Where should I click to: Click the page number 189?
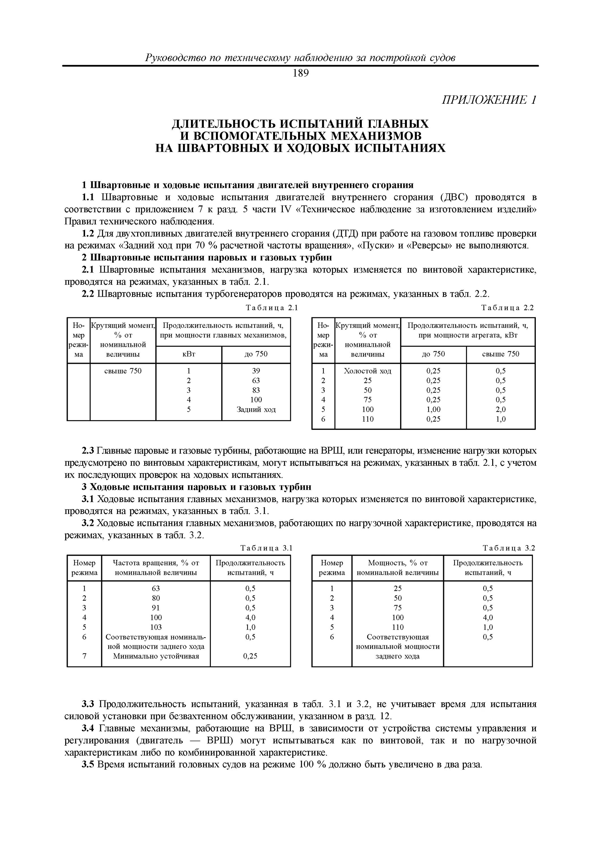pos(300,74)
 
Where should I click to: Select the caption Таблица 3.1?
pos(267,548)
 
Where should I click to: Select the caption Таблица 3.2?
pos(509,548)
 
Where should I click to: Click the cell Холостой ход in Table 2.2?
pos(367,371)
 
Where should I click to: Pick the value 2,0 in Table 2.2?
pos(501,409)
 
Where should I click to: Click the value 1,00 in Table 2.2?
pos(433,409)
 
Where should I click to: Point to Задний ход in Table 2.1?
pos(256,409)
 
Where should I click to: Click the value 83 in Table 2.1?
pos(256,390)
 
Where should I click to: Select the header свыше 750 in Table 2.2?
pos(501,354)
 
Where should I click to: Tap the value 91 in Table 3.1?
pos(156,608)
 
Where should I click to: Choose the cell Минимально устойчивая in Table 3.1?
pos(156,656)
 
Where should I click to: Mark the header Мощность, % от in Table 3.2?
pos(398,563)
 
